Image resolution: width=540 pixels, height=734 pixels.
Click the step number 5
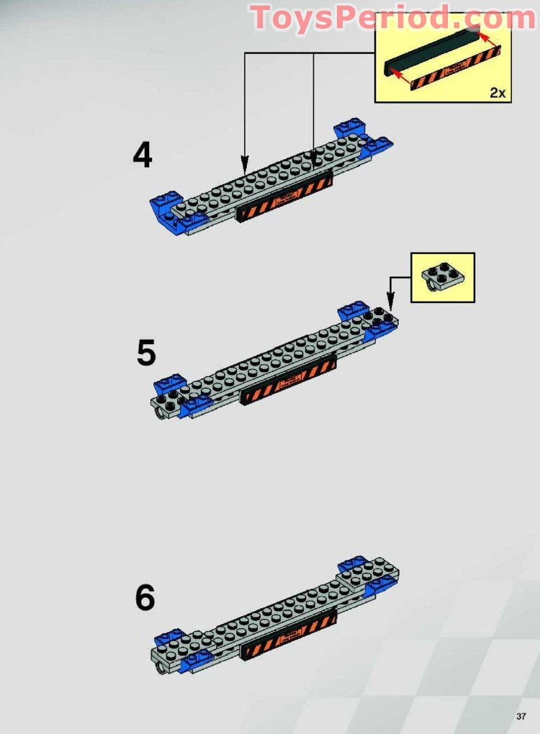(x=146, y=353)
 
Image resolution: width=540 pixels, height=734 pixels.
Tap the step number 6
(x=145, y=598)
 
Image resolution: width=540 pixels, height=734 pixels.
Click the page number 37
(x=521, y=715)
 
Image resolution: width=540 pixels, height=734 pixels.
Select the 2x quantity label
(x=498, y=92)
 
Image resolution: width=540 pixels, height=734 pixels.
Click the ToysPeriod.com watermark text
(x=392, y=18)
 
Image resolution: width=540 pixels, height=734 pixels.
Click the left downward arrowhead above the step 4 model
(x=245, y=160)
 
